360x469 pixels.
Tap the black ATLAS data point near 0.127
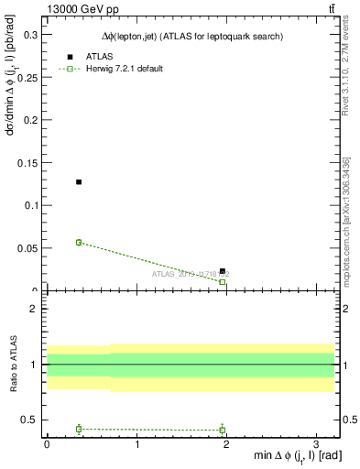79,182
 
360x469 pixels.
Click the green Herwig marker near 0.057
79,243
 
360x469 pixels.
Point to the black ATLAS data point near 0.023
223,271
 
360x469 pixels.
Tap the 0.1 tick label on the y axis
29,206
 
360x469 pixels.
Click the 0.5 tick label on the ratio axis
29,420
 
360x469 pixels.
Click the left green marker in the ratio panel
79,429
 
